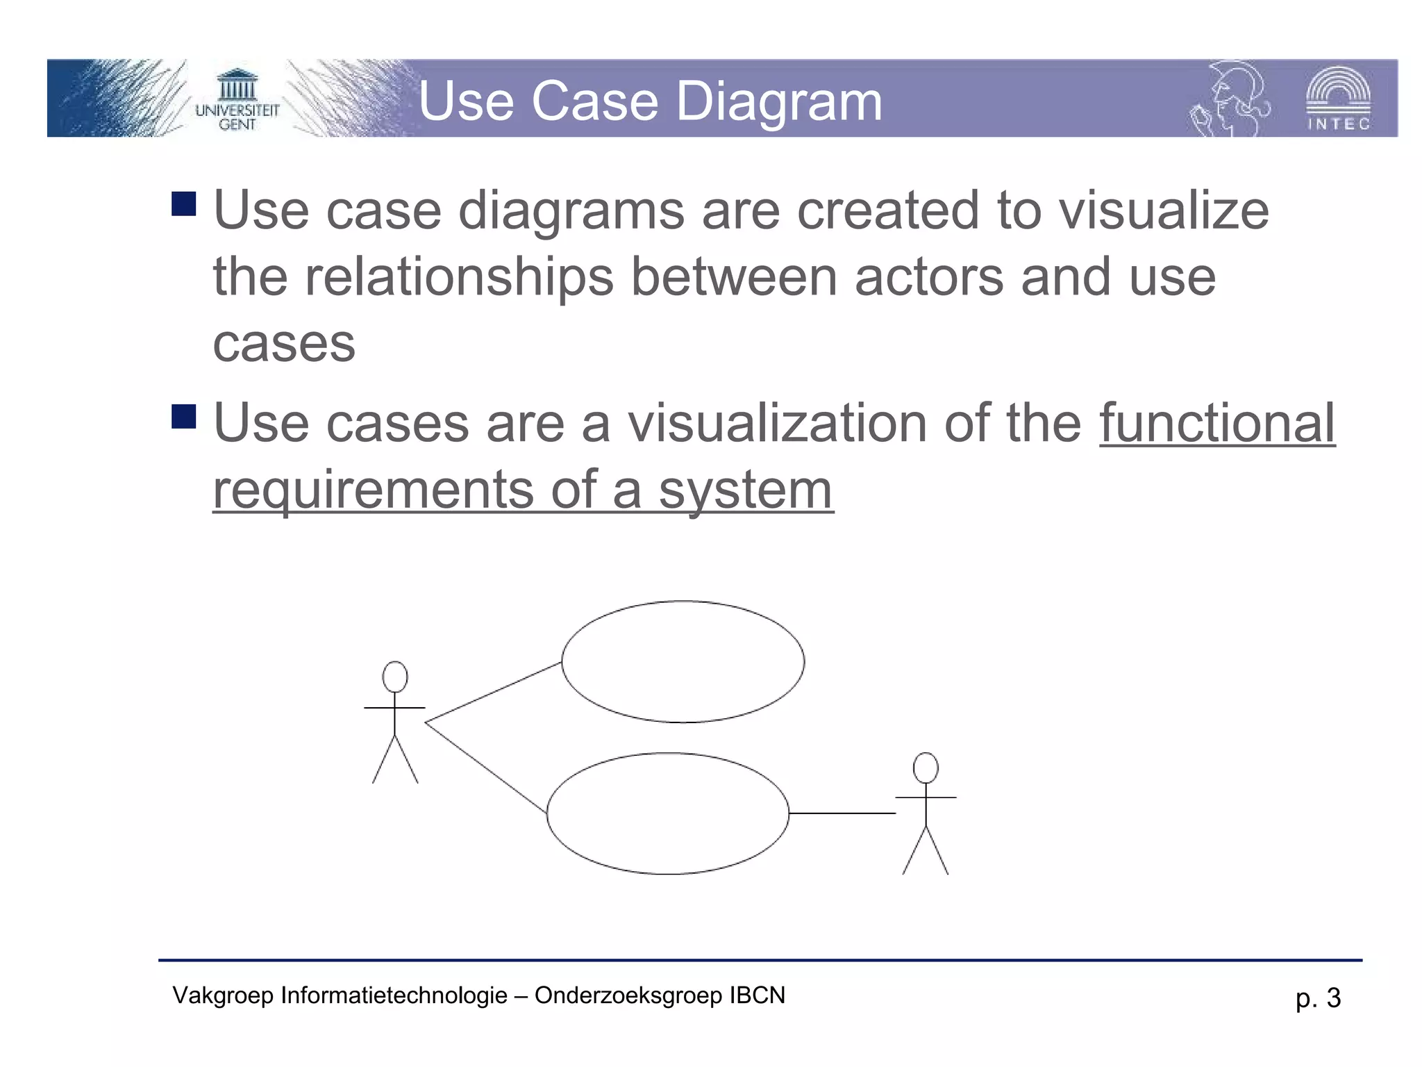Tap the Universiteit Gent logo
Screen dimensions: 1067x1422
pyautogui.click(x=237, y=101)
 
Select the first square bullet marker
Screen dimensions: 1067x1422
pyautogui.click(x=184, y=204)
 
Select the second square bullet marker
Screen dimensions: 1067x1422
pyautogui.click(x=184, y=417)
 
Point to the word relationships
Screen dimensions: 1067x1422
pyautogui.click(x=459, y=277)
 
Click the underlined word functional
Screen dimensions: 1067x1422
pyautogui.click(x=1217, y=423)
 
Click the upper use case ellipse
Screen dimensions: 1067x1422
pyautogui.click(x=683, y=661)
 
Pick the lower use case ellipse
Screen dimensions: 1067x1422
pyautogui.click(x=668, y=813)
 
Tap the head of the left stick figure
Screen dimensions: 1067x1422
pyautogui.click(x=395, y=677)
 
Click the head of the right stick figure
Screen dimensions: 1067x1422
pyautogui.click(x=926, y=768)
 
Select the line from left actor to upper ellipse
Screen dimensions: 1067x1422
pyautogui.click(x=493, y=693)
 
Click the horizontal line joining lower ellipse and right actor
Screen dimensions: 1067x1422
pyautogui.click(x=842, y=813)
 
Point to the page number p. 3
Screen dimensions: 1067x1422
pyautogui.click(x=1318, y=998)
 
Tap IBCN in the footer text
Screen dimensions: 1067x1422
pyautogui.click(x=757, y=995)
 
